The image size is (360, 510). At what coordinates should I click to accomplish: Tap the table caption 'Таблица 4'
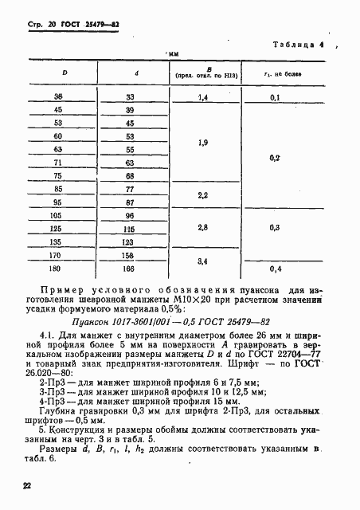click(x=297, y=45)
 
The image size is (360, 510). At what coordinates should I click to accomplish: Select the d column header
click(x=137, y=73)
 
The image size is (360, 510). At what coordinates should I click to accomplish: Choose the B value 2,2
click(x=202, y=195)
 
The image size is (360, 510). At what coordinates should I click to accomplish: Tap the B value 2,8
click(x=202, y=227)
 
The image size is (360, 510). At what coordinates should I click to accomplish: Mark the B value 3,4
click(x=202, y=261)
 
